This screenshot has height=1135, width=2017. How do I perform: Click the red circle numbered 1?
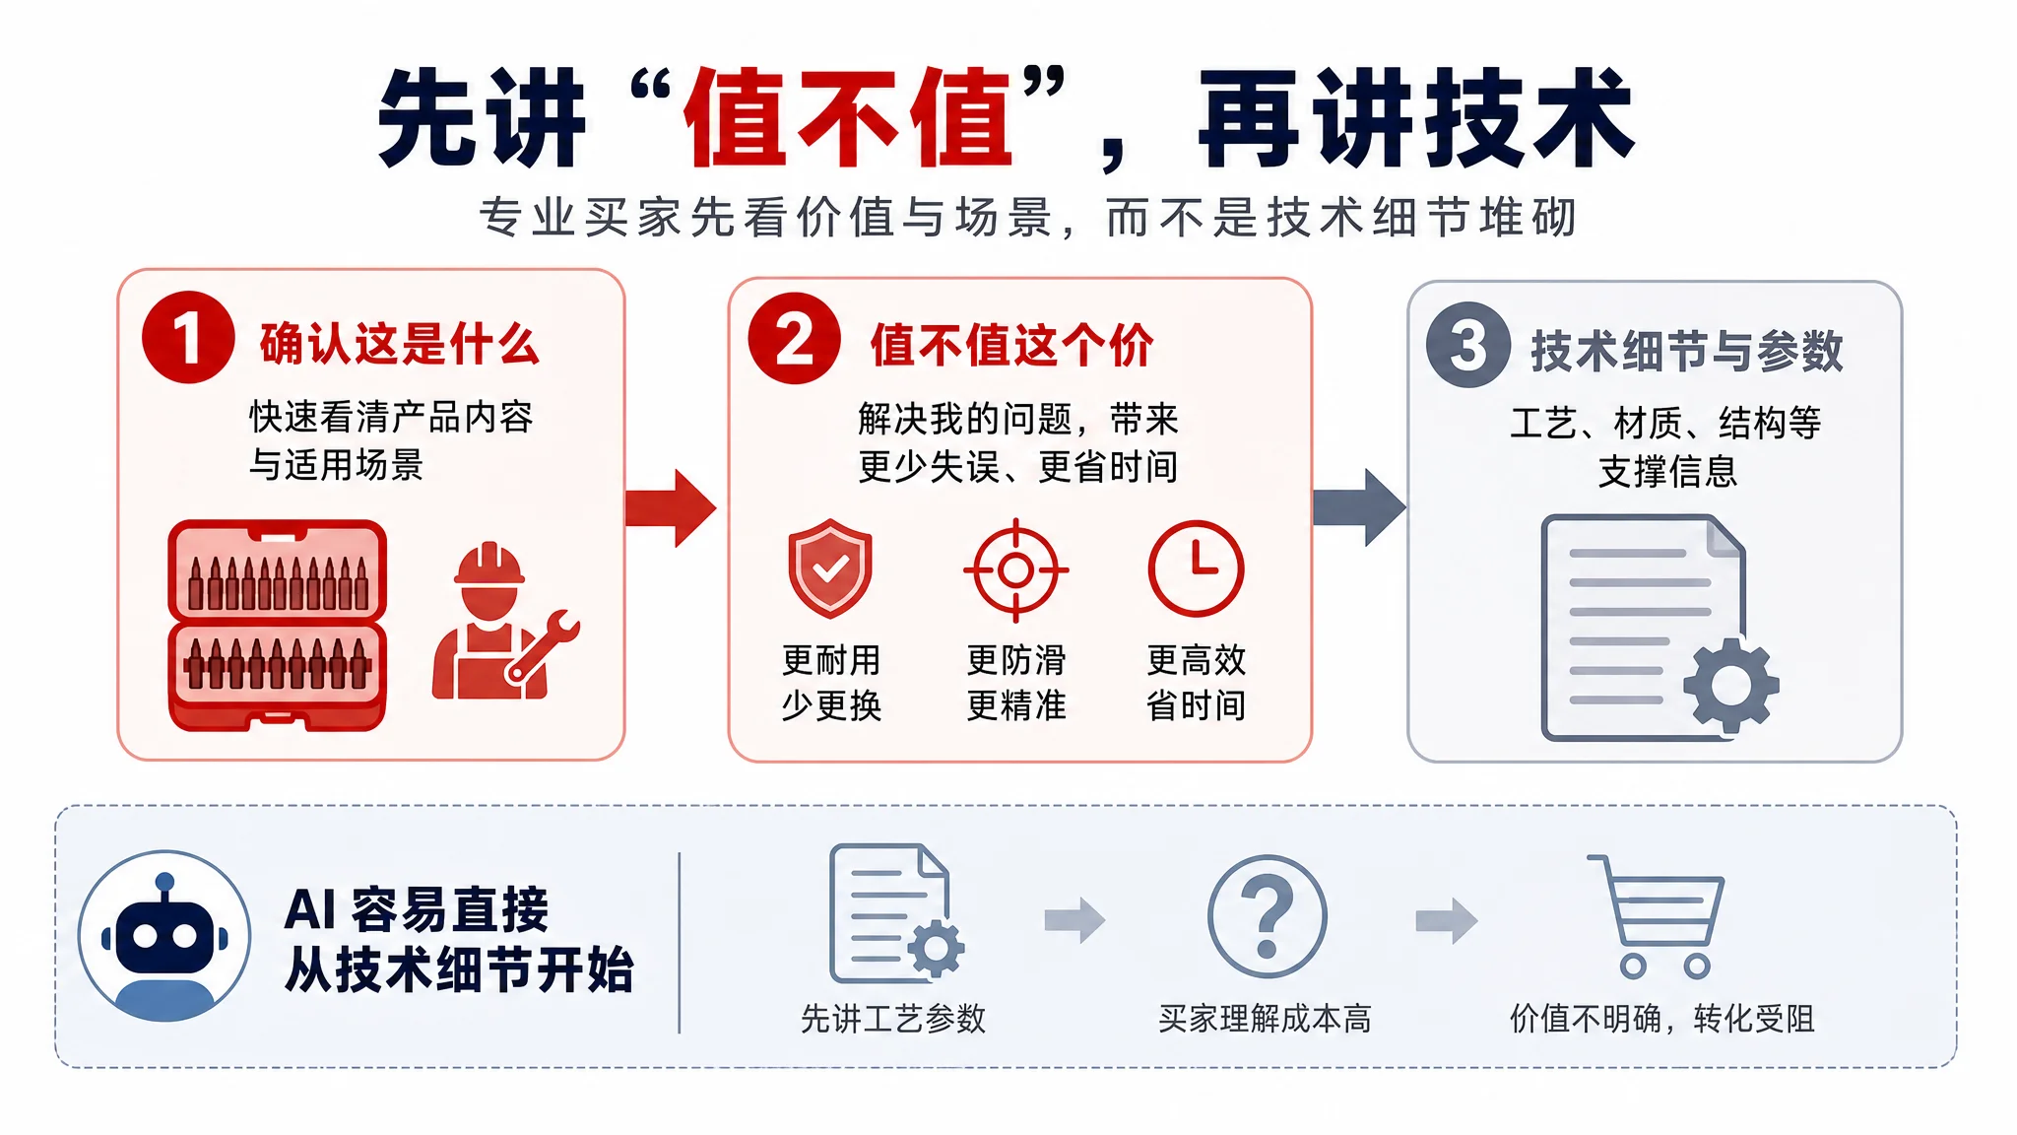[x=188, y=337]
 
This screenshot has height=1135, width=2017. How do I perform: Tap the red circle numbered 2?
[x=794, y=338]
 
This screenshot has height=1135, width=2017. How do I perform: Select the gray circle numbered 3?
[x=1467, y=345]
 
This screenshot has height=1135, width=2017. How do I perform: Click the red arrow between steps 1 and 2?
[x=671, y=507]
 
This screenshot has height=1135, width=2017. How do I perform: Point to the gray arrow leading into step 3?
[x=1359, y=506]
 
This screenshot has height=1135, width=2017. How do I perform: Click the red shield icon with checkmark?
[x=830, y=568]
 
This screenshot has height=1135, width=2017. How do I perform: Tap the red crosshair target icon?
[x=1015, y=569]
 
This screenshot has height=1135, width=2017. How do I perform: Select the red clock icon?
[x=1197, y=569]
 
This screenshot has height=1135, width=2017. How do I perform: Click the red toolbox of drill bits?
[x=277, y=626]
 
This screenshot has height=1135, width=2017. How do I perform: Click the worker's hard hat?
[x=489, y=566]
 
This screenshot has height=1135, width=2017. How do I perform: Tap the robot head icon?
[x=164, y=936]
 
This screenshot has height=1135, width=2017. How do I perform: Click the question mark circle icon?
[x=1267, y=916]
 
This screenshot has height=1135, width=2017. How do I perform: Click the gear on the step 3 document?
[x=1731, y=685]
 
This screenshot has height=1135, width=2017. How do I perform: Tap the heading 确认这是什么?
[x=400, y=344]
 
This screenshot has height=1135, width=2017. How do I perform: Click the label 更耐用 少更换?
[x=831, y=683]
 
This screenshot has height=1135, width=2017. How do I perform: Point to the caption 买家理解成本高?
[x=1265, y=1019]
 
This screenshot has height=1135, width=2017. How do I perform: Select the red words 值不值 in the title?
[x=848, y=118]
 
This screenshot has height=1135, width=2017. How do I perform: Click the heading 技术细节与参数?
[x=1687, y=351]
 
